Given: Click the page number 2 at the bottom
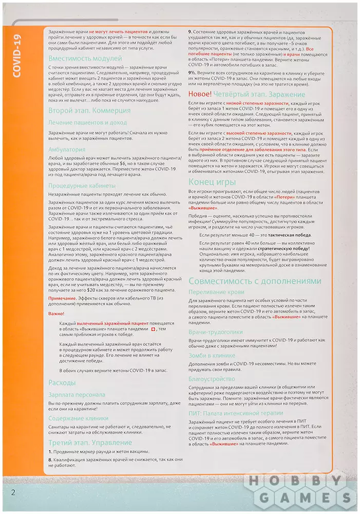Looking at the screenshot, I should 14,492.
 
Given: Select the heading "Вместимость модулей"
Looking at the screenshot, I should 85,58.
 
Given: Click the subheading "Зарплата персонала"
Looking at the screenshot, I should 77,395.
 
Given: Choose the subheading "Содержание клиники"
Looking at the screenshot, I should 79,418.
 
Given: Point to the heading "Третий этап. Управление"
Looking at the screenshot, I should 90,443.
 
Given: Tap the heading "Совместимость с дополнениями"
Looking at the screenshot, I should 255,281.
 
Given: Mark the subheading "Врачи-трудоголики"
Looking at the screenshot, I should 216,333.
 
